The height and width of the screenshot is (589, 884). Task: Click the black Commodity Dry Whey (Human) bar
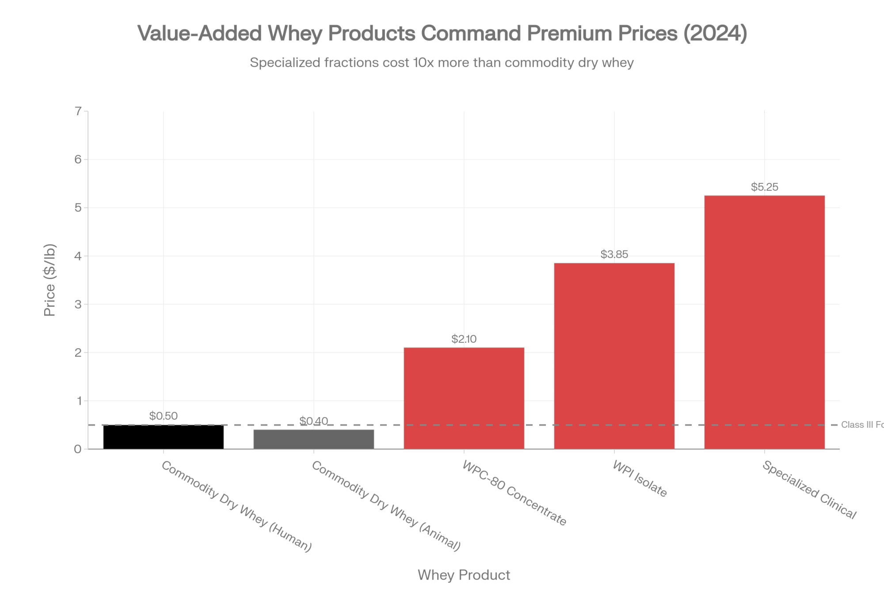point(164,437)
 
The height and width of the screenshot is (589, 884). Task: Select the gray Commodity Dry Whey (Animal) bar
point(314,439)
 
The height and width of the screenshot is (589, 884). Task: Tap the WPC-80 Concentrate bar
point(464,398)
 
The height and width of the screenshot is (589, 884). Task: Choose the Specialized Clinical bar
point(764,322)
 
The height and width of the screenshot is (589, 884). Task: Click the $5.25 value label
point(764,187)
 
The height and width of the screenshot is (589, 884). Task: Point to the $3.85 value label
point(614,254)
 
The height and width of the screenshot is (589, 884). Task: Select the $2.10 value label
point(464,339)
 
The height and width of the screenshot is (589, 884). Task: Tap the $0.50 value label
point(164,416)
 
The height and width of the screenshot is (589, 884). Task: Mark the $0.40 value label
point(314,421)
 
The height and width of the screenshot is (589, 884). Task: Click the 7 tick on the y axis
point(78,111)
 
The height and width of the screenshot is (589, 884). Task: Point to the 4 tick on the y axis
point(78,256)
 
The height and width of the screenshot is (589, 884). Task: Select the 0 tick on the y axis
point(78,449)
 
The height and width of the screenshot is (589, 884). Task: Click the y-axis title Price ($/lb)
point(50,280)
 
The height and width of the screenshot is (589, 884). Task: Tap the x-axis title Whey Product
point(464,575)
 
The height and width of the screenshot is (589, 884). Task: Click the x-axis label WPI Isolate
point(640,479)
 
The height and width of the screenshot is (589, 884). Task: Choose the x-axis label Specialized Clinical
point(809,490)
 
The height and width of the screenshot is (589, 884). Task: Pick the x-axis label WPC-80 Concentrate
point(514,493)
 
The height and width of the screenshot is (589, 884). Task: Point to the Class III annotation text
point(862,425)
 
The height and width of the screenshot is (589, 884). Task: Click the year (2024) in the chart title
point(715,33)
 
